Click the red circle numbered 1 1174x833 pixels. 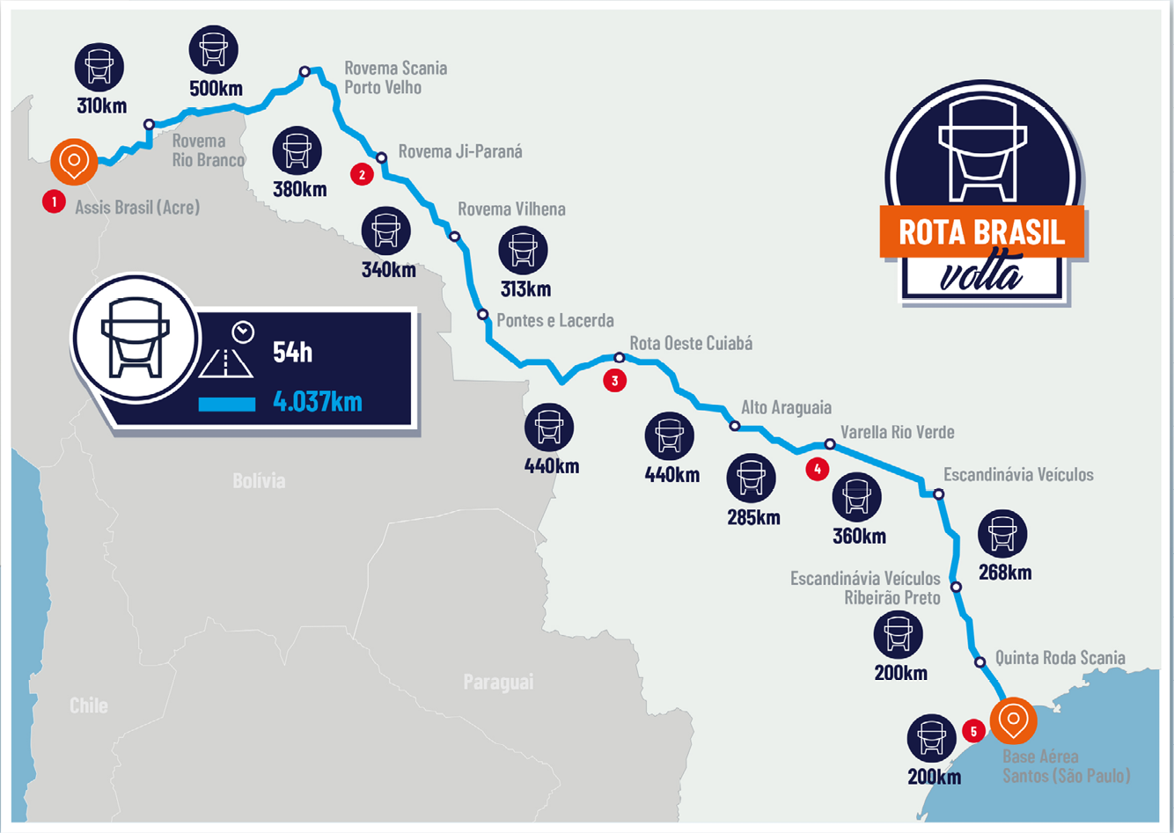(55, 201)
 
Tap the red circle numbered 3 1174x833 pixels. (614, 380)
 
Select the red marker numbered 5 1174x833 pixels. (973, 731)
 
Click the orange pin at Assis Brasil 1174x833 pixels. (75, 161)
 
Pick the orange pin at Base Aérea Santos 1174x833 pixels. (1014, 720)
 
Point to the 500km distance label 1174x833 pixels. (216, 89)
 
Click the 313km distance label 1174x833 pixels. (525, 289)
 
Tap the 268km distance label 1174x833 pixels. (1004, 573)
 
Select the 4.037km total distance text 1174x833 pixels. (318, 402)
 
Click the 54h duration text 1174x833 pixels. (292, 353)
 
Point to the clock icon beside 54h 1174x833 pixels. (243, 332)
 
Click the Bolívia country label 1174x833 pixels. (259, 480)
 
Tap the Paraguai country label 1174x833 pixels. (498, 682)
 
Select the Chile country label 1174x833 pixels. (89, 705)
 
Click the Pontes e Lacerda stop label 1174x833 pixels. (554, 320)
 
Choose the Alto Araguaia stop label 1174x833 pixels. (786, 407)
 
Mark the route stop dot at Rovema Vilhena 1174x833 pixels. (455, 237)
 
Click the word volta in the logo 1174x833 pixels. (981, 275)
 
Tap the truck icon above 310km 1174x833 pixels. (99, 67)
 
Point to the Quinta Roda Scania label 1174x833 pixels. (1060, 658)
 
